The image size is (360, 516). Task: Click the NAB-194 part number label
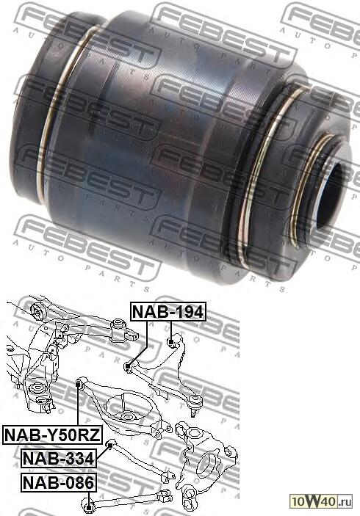tap(168, 311)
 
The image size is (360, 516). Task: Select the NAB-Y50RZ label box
tap(52, 435)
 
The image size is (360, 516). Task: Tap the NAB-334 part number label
tap(59, 458)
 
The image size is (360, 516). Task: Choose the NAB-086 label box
tap(59, 482)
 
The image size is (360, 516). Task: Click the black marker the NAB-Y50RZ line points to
tap(79, 383)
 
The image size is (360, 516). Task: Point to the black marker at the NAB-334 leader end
tap(110, 445)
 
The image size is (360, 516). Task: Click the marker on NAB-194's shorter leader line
tap(171, 343)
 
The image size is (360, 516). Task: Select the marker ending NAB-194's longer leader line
tap(129, 366)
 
